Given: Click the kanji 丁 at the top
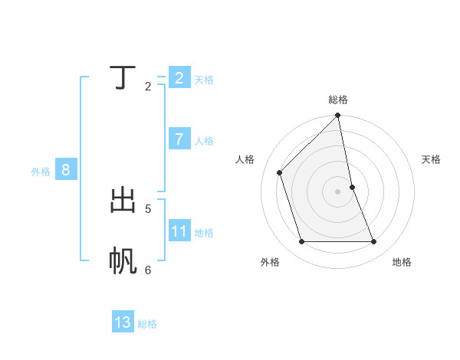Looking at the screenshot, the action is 123,78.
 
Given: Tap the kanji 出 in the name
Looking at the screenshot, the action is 123,201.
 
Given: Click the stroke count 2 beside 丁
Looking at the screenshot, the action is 148,86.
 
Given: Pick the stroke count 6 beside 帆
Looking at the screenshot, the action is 148,270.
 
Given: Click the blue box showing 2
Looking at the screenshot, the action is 179,78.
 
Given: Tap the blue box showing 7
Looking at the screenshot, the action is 179,139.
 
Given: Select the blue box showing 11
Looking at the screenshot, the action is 179,231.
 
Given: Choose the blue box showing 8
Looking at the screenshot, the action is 65,170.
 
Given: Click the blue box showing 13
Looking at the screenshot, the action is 123,322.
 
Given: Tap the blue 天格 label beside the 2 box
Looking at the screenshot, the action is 204,79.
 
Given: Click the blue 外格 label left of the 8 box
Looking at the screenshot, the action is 41,172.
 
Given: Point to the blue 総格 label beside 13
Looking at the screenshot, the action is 147,324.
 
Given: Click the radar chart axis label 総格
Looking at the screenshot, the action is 338,100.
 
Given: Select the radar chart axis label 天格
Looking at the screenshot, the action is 431,159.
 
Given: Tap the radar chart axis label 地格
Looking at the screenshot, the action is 402,262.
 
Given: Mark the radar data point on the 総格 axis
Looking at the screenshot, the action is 338,116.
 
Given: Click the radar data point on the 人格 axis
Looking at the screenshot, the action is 279,172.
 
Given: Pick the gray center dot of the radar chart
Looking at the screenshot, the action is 338,191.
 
